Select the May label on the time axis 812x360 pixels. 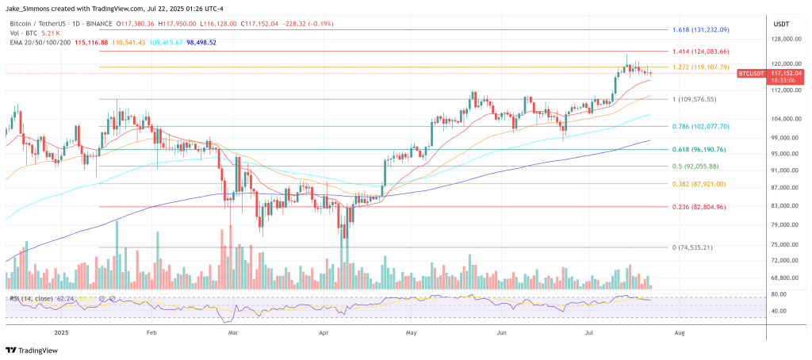click(409, 333)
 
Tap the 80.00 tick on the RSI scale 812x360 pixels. click(780, 294)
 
